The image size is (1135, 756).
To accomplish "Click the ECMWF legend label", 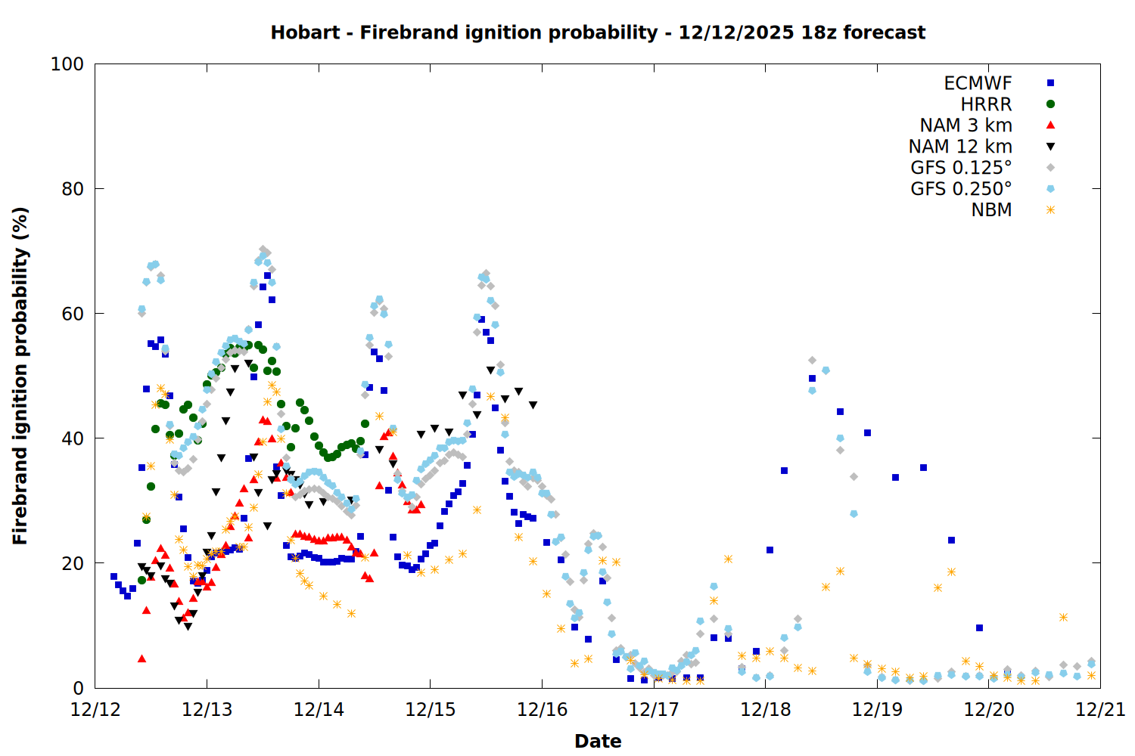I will coord(978,83).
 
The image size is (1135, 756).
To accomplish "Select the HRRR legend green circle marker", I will coord(1050,104).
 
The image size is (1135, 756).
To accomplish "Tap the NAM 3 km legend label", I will coord(966,125).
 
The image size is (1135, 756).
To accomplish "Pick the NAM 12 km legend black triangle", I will coord(1050,147).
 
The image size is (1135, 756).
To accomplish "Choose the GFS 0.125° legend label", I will coord(961,168).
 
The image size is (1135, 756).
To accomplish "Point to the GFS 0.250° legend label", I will coord(961,189).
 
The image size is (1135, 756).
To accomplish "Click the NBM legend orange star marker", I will coord(1050,210).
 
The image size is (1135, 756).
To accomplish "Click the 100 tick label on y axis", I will coord(67,64).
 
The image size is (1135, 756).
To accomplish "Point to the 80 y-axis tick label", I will coord(73,189).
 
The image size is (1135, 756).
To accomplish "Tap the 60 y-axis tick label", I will coord(73,314).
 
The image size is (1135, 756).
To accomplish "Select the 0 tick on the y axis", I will coord(78,688).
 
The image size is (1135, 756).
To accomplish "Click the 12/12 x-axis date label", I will coord(95,710).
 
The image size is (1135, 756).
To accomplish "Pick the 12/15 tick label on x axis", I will coord(431,710).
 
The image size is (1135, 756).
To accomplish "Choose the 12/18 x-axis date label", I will coord(766,710).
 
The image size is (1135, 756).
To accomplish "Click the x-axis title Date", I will coord(598,741).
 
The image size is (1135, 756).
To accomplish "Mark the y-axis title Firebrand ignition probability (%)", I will coord(20,376).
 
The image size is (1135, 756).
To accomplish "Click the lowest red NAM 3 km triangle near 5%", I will coord(141,658).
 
